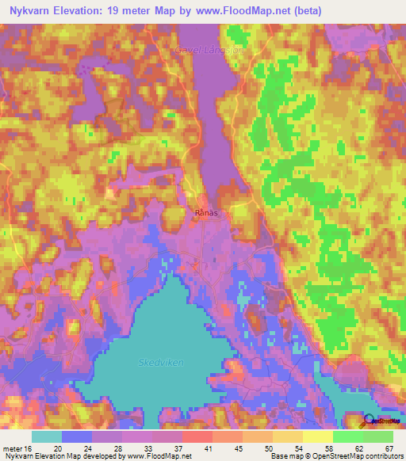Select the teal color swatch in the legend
pos(47,436)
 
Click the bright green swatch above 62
pos(348,436)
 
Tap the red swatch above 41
pos(197,436)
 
